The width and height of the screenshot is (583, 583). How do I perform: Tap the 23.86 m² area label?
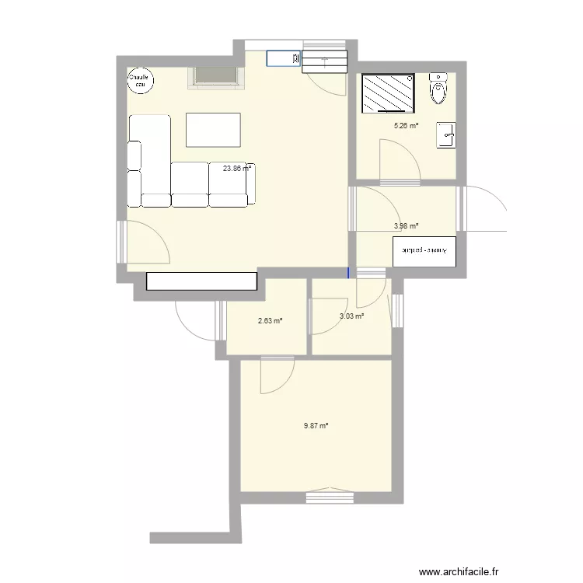pos(237,168)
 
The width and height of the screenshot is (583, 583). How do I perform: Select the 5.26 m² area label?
pos(406,126)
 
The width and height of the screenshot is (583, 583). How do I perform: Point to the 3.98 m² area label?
pos(406,226)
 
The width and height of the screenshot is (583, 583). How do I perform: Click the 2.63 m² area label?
pos(270,320)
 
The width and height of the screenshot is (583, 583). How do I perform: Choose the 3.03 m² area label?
pos(352,316)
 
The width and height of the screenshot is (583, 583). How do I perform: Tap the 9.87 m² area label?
pos(316,425)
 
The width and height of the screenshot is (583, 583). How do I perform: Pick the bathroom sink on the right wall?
pos(446,134)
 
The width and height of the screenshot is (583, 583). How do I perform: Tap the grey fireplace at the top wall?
pos(215,75)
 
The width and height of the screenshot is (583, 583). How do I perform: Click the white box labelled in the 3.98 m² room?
pos(424,251)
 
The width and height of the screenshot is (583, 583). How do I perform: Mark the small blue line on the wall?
pos(348,272)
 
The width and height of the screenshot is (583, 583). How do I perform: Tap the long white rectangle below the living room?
pos(201,281)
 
